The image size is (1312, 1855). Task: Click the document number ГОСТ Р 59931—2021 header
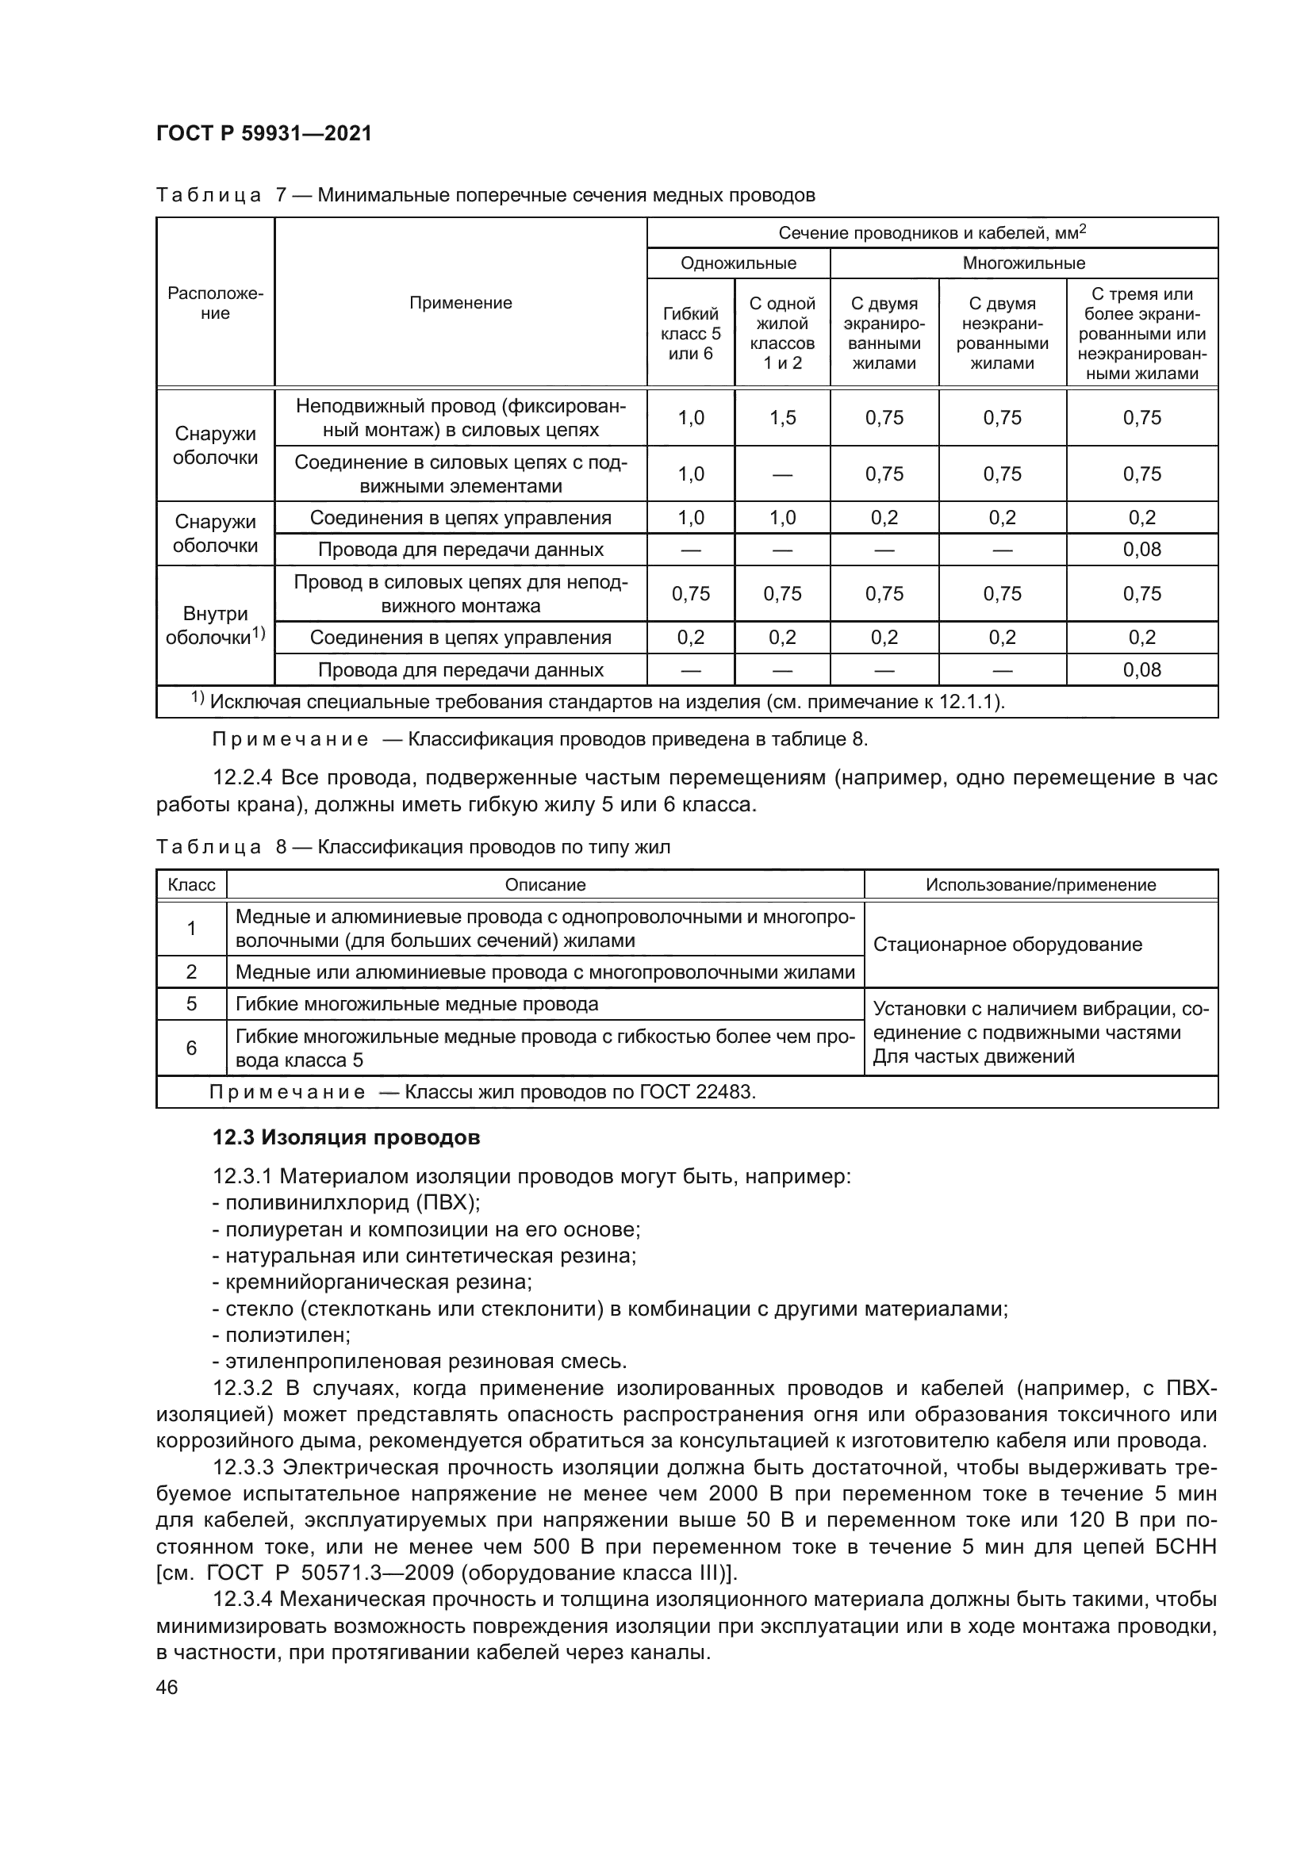tap(264, 133)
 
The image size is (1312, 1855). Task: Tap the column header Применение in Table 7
tap(460, 303)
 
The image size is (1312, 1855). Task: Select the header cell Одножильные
tap(738, 263)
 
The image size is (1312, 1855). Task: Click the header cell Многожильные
tap(1022, 263)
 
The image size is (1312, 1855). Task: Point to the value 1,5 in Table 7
tap(782, 418)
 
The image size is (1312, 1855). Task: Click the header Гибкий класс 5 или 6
tap(690, 334)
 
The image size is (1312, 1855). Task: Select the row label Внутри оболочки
tap(215, 625)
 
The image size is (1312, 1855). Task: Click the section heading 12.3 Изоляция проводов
tap(346, 1137)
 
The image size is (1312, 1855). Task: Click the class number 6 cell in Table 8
tap(191, 1048)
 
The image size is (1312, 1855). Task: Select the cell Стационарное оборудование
tap(1007, 945)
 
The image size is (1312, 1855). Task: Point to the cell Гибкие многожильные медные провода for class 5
tap(417, 1004)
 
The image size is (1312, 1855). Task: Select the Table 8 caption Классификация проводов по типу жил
tap(493, 848)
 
